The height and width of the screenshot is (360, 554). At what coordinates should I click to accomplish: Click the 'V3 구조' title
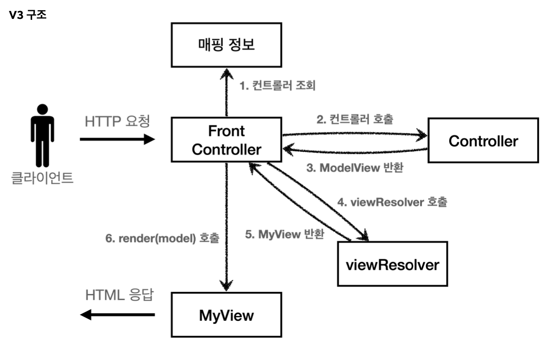click(x=28, y=15)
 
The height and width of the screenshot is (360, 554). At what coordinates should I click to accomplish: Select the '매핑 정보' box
click(x=226, y=45)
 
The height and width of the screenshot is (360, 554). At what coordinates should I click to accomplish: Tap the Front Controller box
click(x=226, y=140)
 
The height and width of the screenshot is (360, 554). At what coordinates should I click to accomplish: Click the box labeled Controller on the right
click(x=483, y=140)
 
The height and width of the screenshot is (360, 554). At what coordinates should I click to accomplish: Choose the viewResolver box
click(x=392, y=264)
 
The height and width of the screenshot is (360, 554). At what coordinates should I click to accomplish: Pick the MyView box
click(x=226, y=315)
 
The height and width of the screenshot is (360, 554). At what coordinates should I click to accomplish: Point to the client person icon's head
click(x=42, y=109)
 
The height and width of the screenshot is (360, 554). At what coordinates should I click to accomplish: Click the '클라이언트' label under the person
click(x=42, y=178)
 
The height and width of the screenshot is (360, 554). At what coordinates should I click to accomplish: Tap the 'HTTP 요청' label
click(x=117, y=121)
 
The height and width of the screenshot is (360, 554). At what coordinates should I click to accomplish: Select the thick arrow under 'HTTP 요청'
click(x=117, y=140)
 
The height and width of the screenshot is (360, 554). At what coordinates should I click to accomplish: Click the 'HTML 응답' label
click(x=119, y=295)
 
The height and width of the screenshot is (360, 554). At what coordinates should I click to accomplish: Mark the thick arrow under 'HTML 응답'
click(x=117, y=315)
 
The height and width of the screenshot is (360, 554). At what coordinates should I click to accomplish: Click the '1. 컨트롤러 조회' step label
click(x=277, y=85)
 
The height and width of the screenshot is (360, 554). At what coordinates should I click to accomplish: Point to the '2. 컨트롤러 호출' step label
click(x=355, y=119)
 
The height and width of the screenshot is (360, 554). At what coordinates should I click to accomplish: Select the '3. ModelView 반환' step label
click(x=355, y=168)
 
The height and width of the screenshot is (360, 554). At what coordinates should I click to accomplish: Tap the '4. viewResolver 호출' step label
click(x=392, y=202)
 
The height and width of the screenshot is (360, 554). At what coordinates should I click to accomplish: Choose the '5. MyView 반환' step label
click(x=284, y=234)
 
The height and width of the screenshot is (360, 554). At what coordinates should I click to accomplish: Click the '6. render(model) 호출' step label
click(x=162, y=238)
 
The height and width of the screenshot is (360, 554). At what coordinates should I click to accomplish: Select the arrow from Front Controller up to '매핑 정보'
click(x=226, y=92)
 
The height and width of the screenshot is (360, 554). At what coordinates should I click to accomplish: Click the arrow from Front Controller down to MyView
click(x=226, y=227)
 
